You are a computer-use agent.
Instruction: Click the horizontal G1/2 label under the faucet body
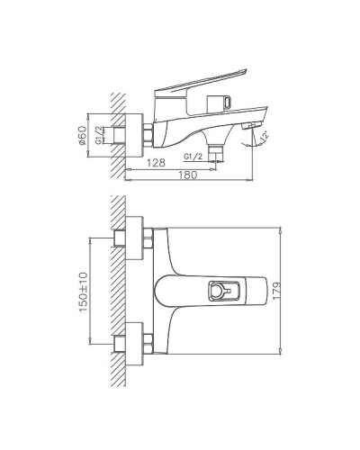point(193,157)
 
